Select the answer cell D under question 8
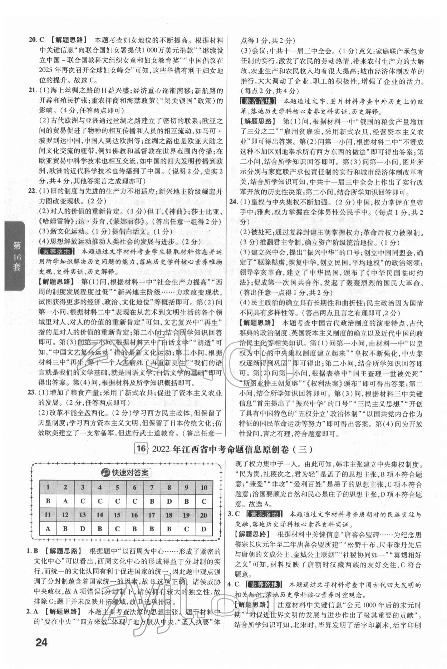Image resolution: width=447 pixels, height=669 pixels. pos(169,501)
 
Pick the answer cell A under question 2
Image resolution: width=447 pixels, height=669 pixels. pos(65,501)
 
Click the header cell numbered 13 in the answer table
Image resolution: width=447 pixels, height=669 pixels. pos(83,515)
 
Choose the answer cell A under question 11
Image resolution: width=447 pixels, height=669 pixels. pos(48,529)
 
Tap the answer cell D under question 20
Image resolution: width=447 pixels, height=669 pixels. pos(203,529)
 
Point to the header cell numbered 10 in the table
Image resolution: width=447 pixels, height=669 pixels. pos(203,487)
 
